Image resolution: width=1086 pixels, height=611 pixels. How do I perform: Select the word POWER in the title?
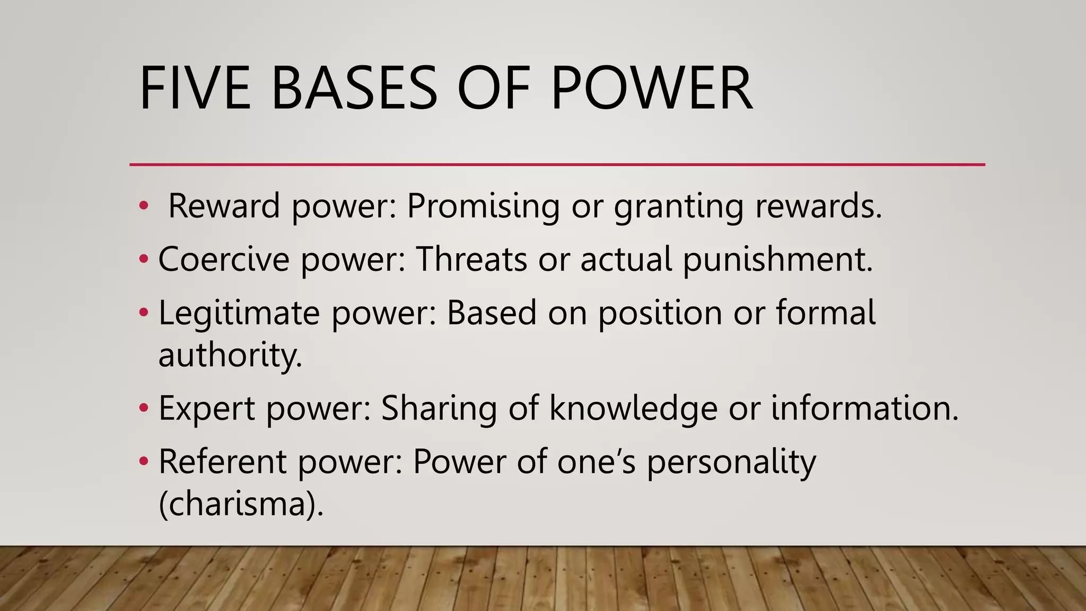[x=652, y=88]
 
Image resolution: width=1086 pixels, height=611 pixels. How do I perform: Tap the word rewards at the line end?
[x=818, y=206]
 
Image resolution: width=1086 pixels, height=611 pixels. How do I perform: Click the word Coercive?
[x=224, y=259]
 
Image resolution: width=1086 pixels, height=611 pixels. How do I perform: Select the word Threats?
[x=471, y=259]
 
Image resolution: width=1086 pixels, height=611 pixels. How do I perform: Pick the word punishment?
[x=777, y=260]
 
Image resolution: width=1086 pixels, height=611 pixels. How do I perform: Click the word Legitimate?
[x=239, y=313]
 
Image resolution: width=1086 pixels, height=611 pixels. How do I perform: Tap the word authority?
[x=230, y=355]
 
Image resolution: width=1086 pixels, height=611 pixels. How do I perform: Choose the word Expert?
[x=207, y=409]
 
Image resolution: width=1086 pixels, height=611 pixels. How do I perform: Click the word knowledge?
[x=633, y=409]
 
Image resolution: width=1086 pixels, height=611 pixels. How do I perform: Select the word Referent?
[x=222, y=461]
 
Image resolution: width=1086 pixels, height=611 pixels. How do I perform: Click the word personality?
[x=731, y=462]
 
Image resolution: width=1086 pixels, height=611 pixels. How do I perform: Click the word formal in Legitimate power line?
[x=826, y=312]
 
